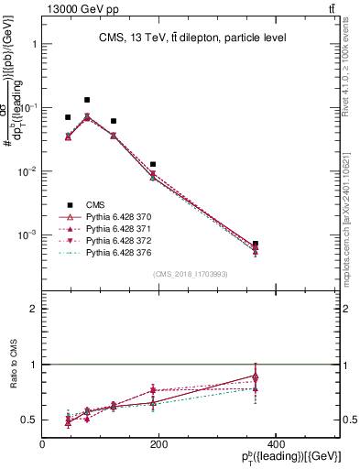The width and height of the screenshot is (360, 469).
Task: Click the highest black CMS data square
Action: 87,100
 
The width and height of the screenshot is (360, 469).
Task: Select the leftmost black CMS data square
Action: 68,117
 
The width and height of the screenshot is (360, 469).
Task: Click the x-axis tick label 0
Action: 42,444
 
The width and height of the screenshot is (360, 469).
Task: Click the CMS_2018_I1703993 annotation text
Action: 191,274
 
